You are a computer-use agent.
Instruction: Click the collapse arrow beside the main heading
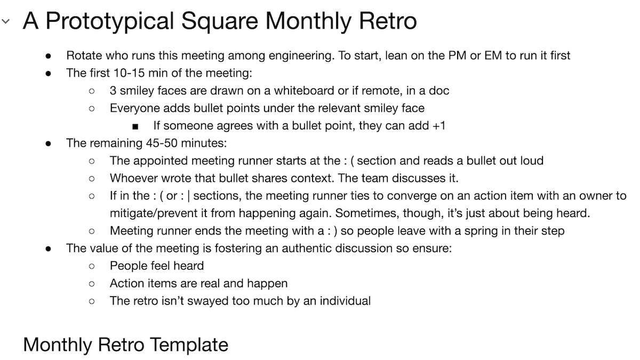6,22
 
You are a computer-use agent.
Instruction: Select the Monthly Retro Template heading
125,345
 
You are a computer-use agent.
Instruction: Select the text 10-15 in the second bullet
125,73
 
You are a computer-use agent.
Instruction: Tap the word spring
495,231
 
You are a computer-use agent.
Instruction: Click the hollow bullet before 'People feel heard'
92,266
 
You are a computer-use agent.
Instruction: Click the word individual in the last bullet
347,301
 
